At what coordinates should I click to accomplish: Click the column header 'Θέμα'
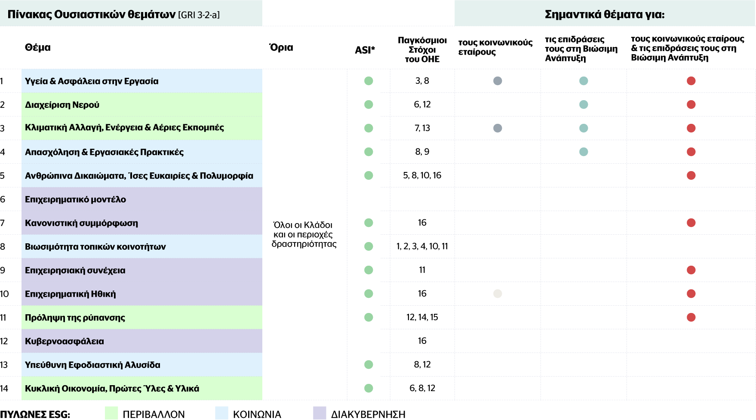click(38, 47)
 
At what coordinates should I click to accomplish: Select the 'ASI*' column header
click(365, 50)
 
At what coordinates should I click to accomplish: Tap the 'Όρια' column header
click(281, 47)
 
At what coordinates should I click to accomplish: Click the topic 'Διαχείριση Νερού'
click(62, 105)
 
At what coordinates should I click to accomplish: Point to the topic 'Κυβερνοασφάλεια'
click(65, 341)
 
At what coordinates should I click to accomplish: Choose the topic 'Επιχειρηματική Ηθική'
click(71, 294)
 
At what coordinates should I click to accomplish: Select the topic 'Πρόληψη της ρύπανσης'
click(75, 318)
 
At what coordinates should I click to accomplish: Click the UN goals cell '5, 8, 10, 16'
click(422, 175)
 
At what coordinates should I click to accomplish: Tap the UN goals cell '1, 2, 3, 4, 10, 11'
click(422, 246)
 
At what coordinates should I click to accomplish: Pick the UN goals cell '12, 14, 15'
click(422, 317)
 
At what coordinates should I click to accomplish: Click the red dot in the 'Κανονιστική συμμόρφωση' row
click(691, 223)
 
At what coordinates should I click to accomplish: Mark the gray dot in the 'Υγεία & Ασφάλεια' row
click(498, 81)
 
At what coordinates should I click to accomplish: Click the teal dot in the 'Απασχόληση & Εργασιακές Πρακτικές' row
click(584, 152)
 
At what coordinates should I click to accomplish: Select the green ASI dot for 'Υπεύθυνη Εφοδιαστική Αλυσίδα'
click(369, 365)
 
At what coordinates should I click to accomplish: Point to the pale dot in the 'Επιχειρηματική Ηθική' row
click(498, 294)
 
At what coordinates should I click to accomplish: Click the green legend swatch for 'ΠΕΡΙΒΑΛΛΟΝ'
click(111, 413)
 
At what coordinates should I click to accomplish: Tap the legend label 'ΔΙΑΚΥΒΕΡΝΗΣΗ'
click(368, 414)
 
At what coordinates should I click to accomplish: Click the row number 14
click(4, 389)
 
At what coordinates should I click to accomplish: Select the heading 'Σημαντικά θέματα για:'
click(605, 15)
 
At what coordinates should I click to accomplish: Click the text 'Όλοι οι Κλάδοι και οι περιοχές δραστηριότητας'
click(304, 234)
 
